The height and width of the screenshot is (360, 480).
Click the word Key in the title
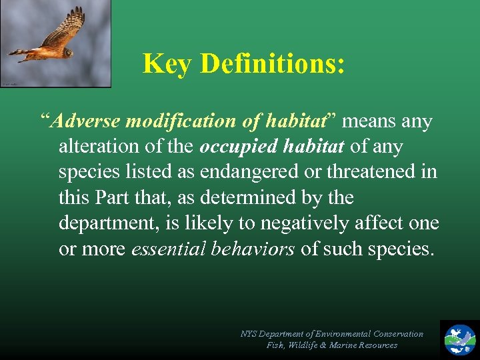(167, 64)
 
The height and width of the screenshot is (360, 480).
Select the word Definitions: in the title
(272, 64)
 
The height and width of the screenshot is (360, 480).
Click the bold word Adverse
(85, 121)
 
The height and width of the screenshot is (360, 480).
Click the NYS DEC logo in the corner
(460, 339)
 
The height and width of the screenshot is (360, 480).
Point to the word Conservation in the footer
(397, 333)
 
